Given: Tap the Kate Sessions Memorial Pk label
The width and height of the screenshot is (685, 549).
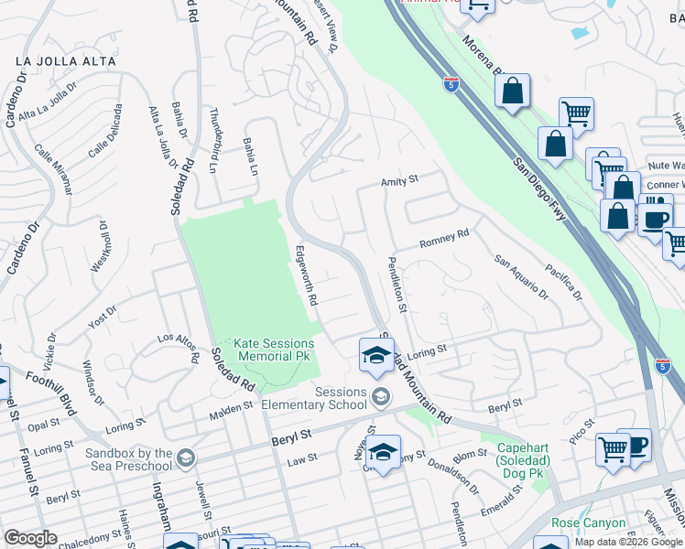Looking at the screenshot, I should tap(273, 349).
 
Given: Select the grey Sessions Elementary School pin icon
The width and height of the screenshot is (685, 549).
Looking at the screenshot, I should tap(381, 396).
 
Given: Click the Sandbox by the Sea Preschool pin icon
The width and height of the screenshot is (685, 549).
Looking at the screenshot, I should tap(186, 457).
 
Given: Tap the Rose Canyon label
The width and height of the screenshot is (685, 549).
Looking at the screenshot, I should tap(589, 523).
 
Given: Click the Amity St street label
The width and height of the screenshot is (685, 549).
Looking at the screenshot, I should tap(399, 180).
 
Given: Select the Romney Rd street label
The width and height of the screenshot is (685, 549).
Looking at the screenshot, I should tap(444, 239).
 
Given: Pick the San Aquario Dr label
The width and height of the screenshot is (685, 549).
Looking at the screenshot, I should tap(521, 276).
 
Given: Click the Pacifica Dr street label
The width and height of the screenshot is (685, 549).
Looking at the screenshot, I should tap(562, 282).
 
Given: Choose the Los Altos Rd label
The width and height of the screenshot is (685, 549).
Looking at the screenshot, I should tap(179, 347).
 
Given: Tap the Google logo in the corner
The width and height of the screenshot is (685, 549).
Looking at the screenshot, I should tap(30, 538).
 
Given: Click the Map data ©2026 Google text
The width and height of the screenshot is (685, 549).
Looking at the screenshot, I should tap(628, 542).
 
